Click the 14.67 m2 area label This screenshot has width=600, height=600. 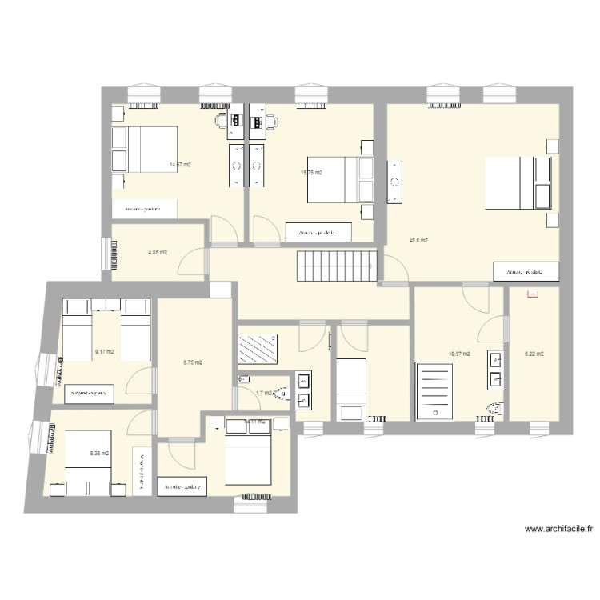pyautogui.click(x=179, y=165)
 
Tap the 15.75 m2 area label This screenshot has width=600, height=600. pyautogui.click(x=311, y=172)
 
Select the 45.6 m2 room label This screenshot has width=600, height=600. pyautogui.click(x=418, y=240)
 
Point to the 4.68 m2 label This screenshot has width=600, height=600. pyautogui.click(x=158, y=253)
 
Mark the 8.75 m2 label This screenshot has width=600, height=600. pyautogui.click(x=193, y=362)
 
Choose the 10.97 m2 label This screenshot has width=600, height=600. pyautogui.click(x=459, y=354)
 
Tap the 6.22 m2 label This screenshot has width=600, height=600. pyautogui.click(x=534, y=354)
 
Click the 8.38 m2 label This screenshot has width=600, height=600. pyautogui.click(x=99, y=454)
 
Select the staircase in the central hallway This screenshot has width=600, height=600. pyautogui.click(x=337, y=265)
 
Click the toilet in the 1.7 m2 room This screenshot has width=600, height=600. pyautogui.click(x=279, y=394)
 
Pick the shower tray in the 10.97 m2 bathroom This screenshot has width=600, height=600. pyautogui.click(x=436, y=390)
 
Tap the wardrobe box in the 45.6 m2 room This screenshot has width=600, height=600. pyautogui.click(x=525, y=272)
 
